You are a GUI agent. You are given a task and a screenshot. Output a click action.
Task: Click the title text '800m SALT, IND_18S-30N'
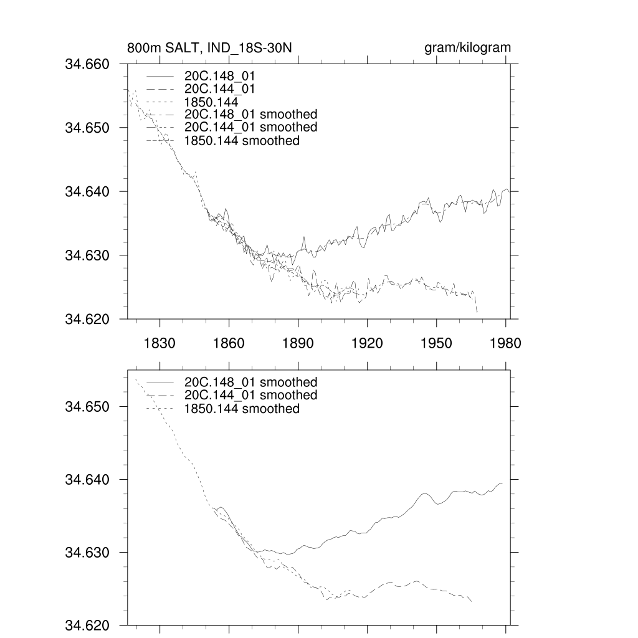tap(209, 48)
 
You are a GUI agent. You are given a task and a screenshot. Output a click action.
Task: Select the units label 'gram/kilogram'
tap(467, 48)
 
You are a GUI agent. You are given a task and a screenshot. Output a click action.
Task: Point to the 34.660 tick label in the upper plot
tap(87, 64)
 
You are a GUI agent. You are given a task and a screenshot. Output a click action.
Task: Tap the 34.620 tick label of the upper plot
tap(87, 319)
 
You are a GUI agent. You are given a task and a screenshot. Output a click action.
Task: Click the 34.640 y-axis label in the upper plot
tap(87, 191)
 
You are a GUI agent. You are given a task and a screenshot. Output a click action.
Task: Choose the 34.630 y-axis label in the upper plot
tap(87, 255)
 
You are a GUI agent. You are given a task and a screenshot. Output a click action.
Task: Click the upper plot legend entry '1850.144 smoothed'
tap(242, 141)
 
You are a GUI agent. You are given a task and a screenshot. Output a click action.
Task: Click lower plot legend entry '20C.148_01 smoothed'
tap(250, 382)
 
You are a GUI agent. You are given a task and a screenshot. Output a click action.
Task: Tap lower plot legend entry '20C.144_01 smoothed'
tap(250, 395)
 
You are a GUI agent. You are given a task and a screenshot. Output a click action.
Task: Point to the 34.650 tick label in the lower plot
tap(87, 407)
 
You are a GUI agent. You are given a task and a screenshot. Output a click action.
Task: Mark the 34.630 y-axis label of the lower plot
tap(87, 553)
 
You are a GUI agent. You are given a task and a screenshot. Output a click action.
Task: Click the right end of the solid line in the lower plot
tap(502, 483)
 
